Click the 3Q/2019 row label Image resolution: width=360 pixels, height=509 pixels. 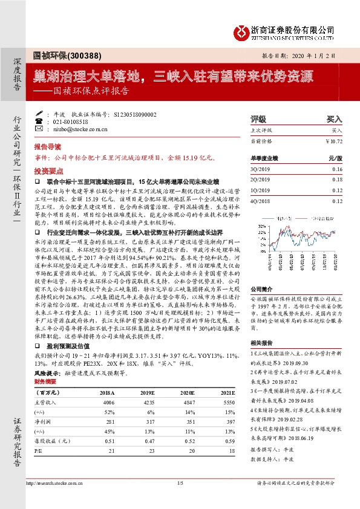[260, 170]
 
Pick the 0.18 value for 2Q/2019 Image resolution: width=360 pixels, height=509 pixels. [337, 180]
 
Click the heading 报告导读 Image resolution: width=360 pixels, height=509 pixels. [47, 147]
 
